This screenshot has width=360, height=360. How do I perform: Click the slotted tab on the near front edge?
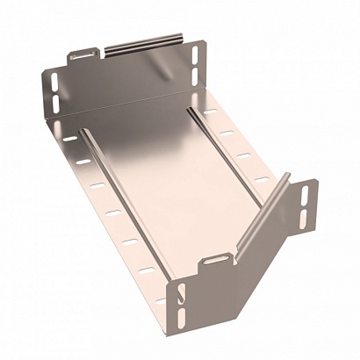pyautogui.click(x=216, y=262)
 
